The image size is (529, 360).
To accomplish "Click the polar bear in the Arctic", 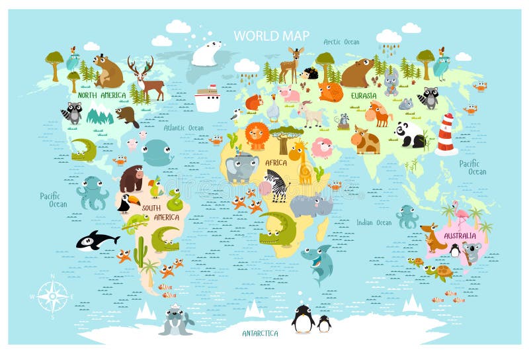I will click(206, 53).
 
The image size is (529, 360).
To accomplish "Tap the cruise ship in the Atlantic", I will click(207, 99).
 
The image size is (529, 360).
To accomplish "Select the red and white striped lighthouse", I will click(446, 134).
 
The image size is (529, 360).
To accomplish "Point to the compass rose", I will click(52, 295).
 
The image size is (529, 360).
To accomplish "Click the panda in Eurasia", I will click(409, 134).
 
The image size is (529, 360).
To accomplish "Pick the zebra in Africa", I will click(276, 185).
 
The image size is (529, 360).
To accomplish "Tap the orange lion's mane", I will click(257, 136).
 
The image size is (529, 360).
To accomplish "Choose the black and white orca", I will click(97, 241).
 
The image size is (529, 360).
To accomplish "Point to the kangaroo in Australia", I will click(433, 238).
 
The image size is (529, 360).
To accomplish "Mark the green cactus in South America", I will click(140, 251).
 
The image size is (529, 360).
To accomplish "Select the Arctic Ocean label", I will click(341, 42).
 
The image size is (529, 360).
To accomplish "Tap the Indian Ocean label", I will click(374, 222).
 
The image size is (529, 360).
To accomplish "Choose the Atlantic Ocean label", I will click(184, 128).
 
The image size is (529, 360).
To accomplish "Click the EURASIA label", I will click(364, 95).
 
